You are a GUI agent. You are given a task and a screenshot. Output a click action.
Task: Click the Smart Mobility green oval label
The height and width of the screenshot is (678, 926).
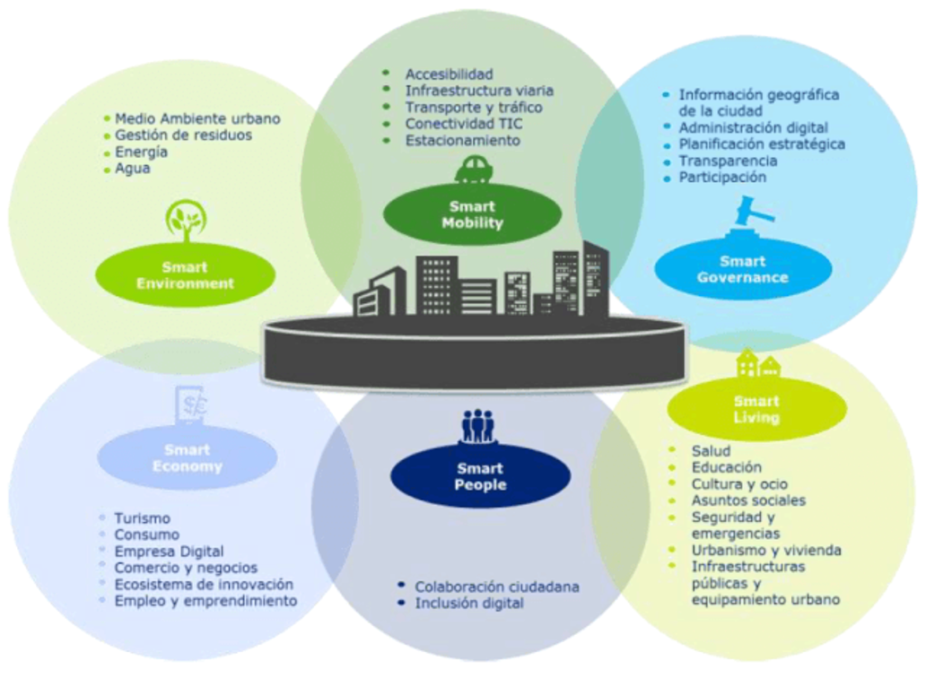(x=472, y=215)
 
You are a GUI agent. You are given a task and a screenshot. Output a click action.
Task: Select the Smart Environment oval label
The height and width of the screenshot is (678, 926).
(x=185, y=275)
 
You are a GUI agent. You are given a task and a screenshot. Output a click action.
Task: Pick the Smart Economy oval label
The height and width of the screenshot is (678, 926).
(x=187, y=458)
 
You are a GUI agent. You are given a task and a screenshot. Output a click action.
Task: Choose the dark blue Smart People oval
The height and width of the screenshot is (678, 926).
(x=481, y=476)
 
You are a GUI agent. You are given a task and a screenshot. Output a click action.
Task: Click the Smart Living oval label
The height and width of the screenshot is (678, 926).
(x=756, y=409)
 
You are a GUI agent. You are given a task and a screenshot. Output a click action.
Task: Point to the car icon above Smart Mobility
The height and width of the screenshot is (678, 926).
(x=473, y=169)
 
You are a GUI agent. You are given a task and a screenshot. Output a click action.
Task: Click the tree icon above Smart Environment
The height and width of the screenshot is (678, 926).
(x=186, y=221)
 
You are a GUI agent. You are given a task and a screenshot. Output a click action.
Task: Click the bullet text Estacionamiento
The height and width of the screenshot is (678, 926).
(x=462, y=141)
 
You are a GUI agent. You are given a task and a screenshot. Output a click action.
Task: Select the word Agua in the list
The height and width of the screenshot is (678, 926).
(x=133, y=169)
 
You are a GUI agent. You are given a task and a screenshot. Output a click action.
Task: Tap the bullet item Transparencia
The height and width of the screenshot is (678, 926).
(x=728, y=161)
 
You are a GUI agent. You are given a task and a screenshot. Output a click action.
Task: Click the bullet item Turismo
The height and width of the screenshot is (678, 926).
(x=142, y=518)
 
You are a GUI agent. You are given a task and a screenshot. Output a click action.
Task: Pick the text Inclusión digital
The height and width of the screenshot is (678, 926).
(x=468, y=604)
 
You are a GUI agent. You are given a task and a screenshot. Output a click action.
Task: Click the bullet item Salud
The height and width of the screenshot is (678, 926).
(x=711, y=450)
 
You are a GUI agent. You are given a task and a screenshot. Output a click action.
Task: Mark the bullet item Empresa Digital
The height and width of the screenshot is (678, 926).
(x=169, y=552)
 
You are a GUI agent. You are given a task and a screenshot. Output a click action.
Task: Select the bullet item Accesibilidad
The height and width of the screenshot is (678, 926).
(x=449, y=74)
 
